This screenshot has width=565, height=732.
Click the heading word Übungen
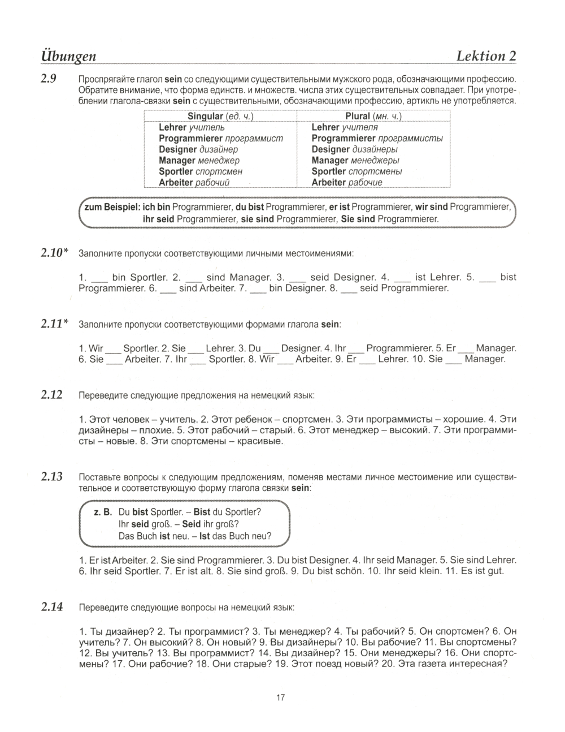click(68, 55)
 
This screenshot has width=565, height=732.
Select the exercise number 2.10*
click(54, 253)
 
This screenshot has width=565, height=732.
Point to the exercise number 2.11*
click(54, 324)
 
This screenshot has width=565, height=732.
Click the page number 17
click(281, 697)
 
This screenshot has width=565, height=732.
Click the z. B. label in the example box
click(103, 512)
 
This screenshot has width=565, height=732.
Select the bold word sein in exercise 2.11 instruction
click(330, 324)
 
